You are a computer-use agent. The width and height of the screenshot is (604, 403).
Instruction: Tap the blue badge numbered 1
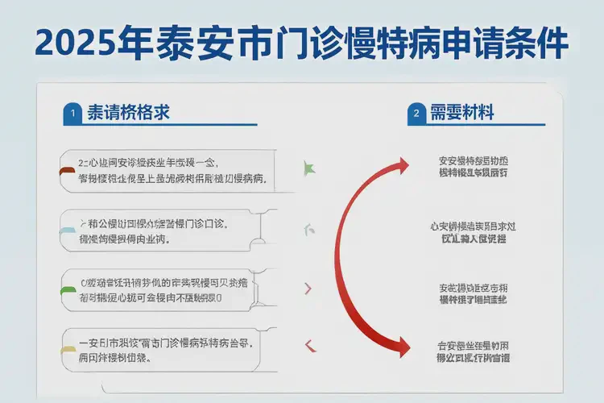pos(72,114)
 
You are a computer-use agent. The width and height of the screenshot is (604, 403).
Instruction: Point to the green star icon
pos(308,168)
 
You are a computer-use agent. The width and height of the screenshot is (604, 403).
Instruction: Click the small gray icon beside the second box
pos(308,231)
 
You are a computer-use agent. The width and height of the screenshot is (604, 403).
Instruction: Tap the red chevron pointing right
pos(308,289)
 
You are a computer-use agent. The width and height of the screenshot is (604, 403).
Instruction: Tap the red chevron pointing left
pos(308,347)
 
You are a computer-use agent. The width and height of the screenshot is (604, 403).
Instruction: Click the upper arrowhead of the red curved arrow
pos(399,166)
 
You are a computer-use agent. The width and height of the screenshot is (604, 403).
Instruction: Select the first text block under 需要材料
pos(474,165)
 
